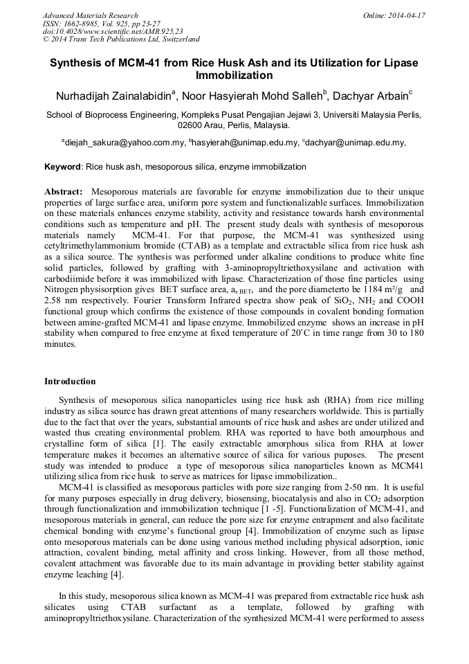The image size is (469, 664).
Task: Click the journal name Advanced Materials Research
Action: [90, 15]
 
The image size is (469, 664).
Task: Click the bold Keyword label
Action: [62, 167]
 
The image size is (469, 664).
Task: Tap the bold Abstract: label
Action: [64, 190]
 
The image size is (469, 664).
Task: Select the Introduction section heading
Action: [70, 381]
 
